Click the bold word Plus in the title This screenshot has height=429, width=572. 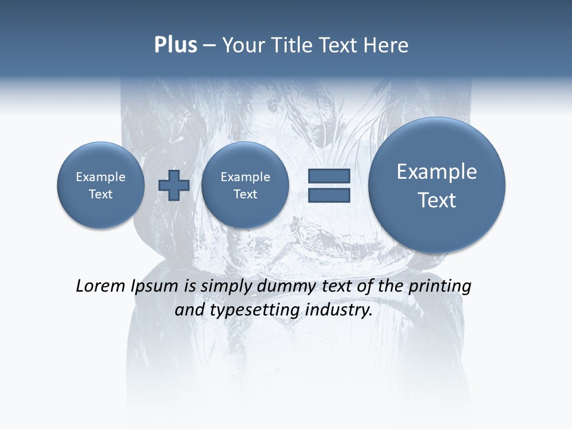175,45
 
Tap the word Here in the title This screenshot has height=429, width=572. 385,45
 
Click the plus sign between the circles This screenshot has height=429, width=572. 174,185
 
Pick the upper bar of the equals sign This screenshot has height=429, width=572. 329,176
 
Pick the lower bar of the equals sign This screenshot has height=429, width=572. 329,195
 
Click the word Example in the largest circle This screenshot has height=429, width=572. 437,172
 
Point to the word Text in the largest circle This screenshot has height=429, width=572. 437,200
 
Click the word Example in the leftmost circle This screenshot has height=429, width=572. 101,177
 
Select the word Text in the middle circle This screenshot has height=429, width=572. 245,194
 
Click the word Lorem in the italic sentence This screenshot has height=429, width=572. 101,286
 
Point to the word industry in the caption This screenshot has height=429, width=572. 338,310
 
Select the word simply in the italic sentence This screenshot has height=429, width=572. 226,287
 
